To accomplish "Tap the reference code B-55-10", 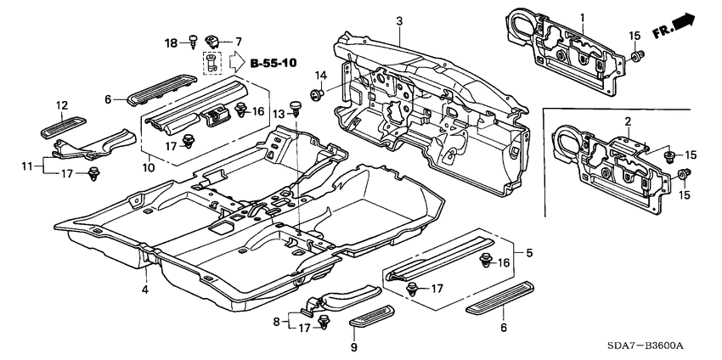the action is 274,63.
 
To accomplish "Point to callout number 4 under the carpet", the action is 145,290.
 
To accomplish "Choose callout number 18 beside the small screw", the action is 171,44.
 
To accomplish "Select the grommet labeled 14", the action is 319,94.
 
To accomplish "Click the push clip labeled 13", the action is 295,110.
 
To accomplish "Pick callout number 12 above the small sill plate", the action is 62,105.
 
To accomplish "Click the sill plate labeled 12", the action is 64,127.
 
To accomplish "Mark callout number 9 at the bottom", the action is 354,347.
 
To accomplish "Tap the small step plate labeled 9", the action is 371,316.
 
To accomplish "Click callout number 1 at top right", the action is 582,18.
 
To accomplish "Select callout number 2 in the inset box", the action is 627,122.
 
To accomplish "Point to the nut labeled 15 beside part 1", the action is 635,56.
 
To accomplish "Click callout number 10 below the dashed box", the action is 148,167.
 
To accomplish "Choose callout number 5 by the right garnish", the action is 529,252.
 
